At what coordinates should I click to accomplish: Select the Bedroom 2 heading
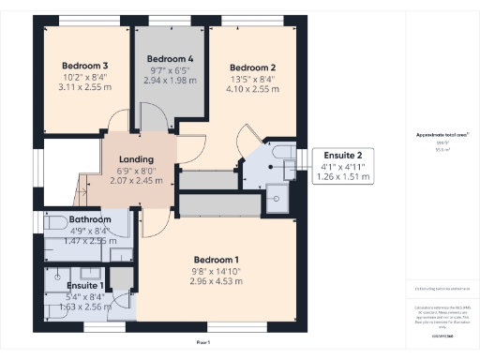click(x=252, y=67)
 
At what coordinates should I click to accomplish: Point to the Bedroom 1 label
click(x=217, y=260)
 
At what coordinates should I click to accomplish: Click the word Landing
click(x=137, y=158)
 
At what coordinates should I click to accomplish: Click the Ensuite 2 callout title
click(x=337, y=154)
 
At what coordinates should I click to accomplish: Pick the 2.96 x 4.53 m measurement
click(x=217, y=281)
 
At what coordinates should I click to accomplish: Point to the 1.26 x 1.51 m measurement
click(x=337, y=175)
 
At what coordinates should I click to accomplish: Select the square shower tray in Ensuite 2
click(x=278, y=195)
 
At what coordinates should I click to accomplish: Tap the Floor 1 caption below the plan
click(x=202, y=343)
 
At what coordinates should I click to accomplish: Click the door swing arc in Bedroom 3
click(x=118, y=124)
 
